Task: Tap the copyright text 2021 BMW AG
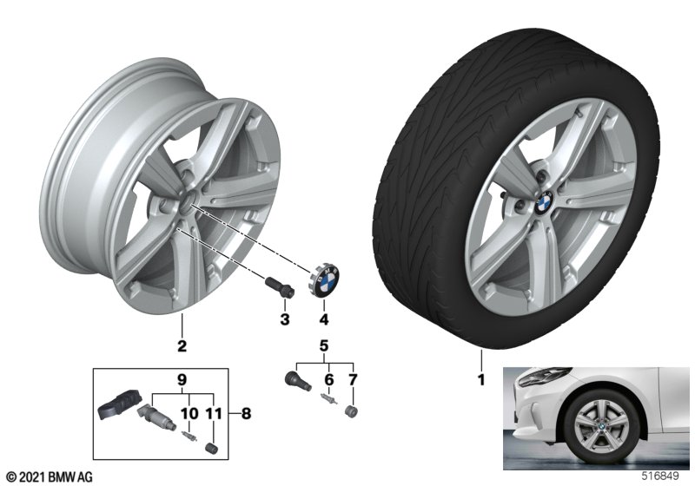click(x=49, y=476)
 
